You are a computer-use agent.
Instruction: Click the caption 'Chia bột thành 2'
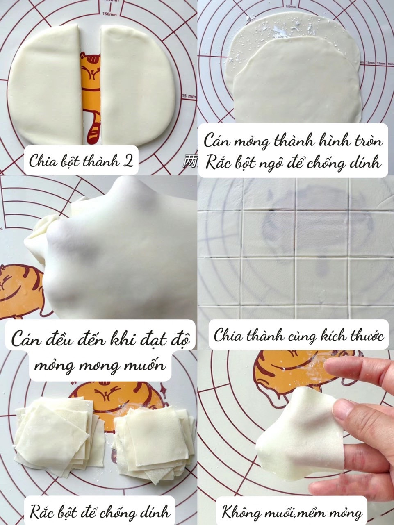[x=81, y=160]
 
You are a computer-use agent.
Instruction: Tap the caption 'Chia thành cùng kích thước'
[x=298, y=336]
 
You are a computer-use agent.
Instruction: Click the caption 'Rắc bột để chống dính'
[x=99, y=511]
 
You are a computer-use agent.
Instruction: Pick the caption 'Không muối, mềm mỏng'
[x=292, y=512]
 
